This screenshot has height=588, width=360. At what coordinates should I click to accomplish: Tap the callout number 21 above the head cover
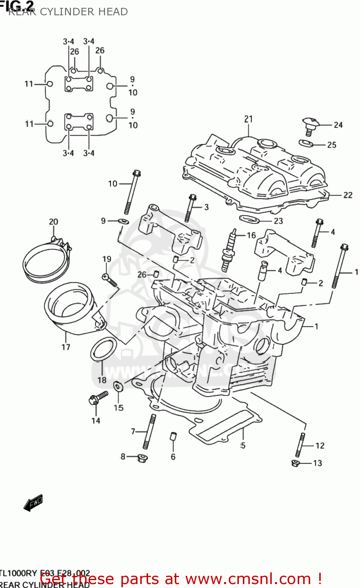coord(249,119)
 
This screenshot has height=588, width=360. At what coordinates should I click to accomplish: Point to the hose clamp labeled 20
coord(45,259)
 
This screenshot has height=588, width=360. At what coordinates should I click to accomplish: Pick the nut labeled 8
coord(142,458)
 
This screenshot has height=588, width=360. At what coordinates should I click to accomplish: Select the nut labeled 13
coord(296,463)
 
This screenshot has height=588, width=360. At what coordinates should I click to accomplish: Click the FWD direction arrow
coord(33,503)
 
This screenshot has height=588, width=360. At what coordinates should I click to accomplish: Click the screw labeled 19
coord(109,280)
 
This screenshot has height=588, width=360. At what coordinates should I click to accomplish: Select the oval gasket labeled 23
coord(250,219)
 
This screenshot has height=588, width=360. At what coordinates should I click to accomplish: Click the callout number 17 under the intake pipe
coord(66,347)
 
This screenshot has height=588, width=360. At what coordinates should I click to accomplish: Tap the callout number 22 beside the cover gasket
coord(347,195)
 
